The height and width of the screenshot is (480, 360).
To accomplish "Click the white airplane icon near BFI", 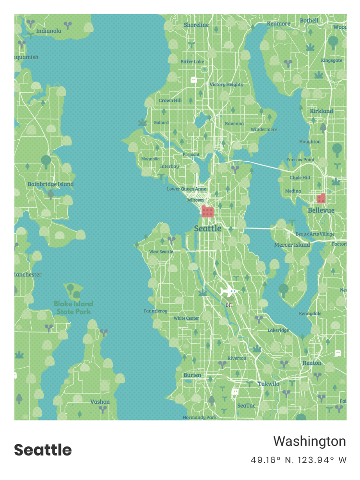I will click(x=229, y=291).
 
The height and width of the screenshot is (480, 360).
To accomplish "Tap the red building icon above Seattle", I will click(x=207, y=212).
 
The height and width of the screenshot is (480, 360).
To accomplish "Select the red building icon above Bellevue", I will click(x=321, y=198).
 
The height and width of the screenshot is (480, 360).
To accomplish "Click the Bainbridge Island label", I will click(x=50, y=184).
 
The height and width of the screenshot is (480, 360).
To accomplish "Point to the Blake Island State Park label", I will click(x=73, y=307).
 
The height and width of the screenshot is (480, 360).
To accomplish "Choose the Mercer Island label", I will click(x=292, y=245).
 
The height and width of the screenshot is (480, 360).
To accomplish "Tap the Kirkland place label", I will click(x=321, y=111).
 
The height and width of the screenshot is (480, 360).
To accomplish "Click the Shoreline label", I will click(x=196, y=24).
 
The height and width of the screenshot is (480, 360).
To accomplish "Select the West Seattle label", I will click(x=161, y=252).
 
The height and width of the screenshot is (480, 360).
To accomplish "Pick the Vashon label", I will click(x=100, y=402).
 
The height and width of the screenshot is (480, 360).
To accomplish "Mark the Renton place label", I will click(x=312, y=363).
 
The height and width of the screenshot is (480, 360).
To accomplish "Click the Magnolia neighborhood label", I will click(x=150, y=159).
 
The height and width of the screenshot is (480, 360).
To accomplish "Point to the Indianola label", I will click(x=48, y=31).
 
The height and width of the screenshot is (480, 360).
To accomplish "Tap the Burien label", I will click(x=192, y=375).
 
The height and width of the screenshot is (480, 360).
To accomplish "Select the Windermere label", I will click(x=264, y=129).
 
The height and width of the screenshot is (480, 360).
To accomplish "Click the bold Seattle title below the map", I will click(x=43, y=450).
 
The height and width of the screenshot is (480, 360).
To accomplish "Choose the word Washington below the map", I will click(x=310, y=441).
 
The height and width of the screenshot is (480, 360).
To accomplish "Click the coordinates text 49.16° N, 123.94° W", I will click(x=298, y=460).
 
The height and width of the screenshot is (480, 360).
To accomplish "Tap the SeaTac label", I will click(x=246, y=406).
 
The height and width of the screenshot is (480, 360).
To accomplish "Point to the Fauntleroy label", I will click(x=156, y=311).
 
